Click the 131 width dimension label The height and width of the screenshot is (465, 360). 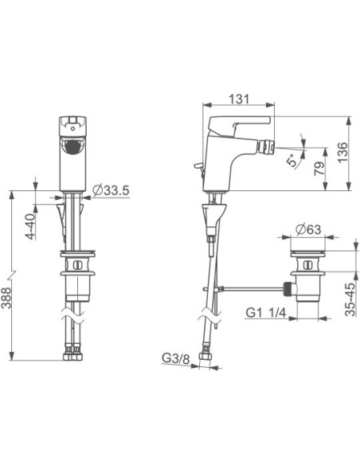coord(239,99)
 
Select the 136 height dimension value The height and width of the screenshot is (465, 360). coord(342,152)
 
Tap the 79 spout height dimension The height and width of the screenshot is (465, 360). coord(319,169)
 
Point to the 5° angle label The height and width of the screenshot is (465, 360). coord(292,160)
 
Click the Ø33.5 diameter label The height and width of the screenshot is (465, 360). coord(111,190)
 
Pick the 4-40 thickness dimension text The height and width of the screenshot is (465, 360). coord(30,227)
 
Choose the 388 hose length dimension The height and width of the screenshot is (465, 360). coord(6,297)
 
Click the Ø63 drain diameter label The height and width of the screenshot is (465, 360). coord(308,229)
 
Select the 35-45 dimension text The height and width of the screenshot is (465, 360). coord(350,299)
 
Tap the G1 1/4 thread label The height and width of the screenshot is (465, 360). coord(266,312)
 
